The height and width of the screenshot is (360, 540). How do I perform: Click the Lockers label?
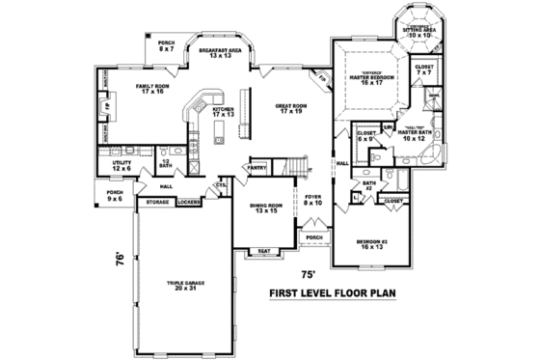tap(190, 202)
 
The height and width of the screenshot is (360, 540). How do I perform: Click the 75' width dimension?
tap(308, 273)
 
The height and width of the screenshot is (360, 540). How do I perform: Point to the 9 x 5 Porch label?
tap(115, 196)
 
